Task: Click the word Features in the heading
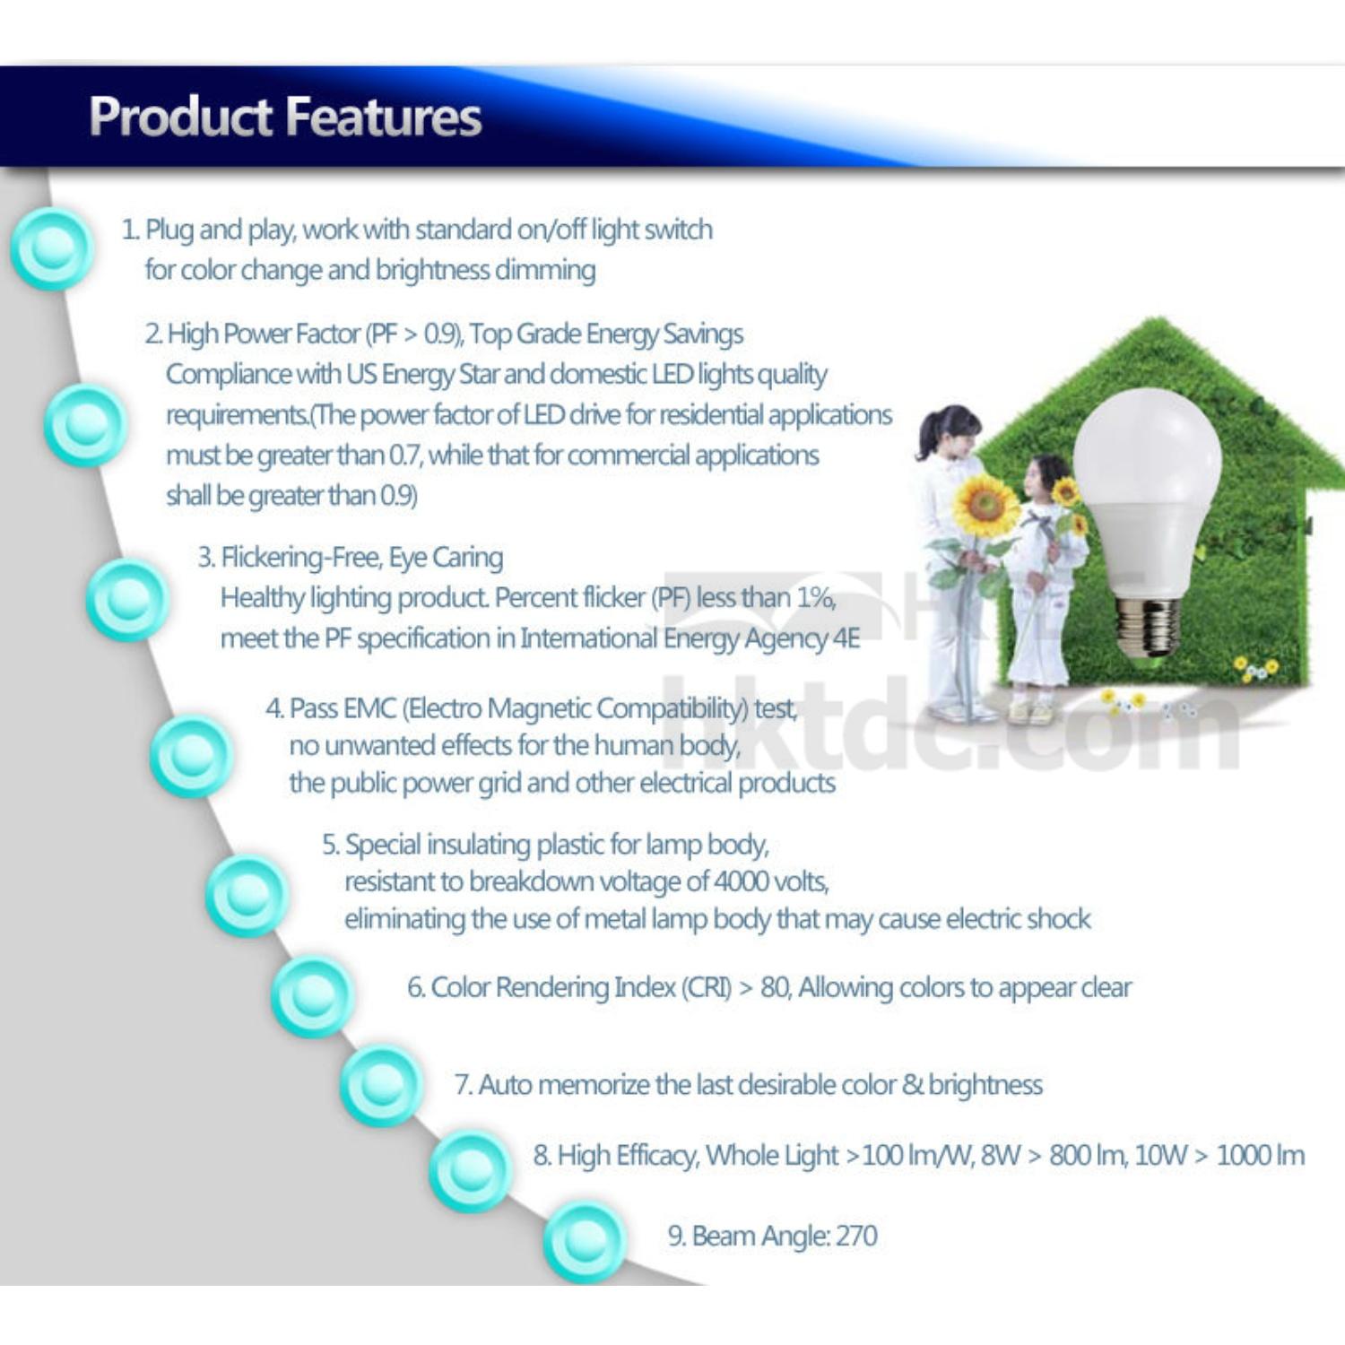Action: tap(385, 117)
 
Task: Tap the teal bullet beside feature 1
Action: tap(52, 248)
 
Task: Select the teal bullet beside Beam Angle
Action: tap(585, 1241)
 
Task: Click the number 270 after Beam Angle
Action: tap(856, 1236)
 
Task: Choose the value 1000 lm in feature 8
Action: tap(1260, 1155)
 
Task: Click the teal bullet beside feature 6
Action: tap(313, 996)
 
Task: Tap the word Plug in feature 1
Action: tap(169, 230)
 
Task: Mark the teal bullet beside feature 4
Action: tap(191, 757)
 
